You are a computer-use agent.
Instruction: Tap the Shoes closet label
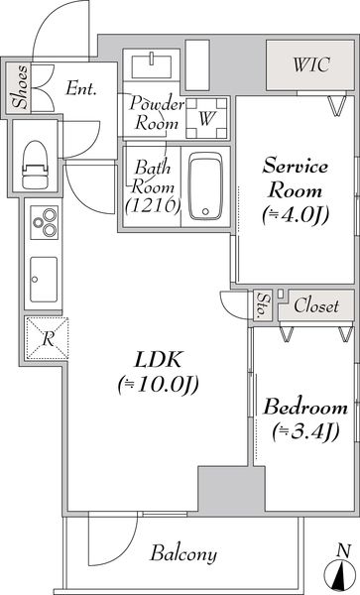18,88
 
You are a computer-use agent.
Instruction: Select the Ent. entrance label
79,88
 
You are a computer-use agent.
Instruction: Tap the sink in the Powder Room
153,62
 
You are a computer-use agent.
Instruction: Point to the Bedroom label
304,407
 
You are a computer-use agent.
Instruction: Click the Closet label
316,306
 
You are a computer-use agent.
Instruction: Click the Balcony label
184,553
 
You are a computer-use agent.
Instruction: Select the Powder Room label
153,112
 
